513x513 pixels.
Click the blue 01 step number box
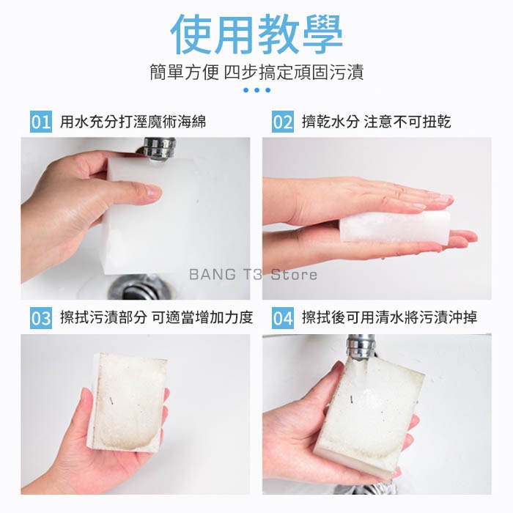[41, 122]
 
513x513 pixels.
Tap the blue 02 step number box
[283, 122]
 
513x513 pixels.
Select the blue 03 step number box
[41, 317]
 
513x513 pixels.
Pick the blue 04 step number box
[283, 317]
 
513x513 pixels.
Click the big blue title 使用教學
[256, 34]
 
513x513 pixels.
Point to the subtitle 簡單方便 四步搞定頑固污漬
[256, 72]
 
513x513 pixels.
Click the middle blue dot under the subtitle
[256, 90]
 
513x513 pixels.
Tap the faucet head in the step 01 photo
[159, 149]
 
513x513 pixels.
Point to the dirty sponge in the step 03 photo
[130, 402]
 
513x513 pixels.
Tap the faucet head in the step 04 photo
[361, 347]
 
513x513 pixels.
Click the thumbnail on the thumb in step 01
[152, 191]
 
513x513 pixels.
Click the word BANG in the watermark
[213, 275]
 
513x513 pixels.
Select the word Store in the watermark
[294, 275]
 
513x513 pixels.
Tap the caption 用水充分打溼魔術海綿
[133, 122]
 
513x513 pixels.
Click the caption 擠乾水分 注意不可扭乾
[376, 122]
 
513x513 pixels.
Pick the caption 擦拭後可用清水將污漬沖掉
[390, 317]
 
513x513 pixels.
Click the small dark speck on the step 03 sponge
[111, 400]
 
